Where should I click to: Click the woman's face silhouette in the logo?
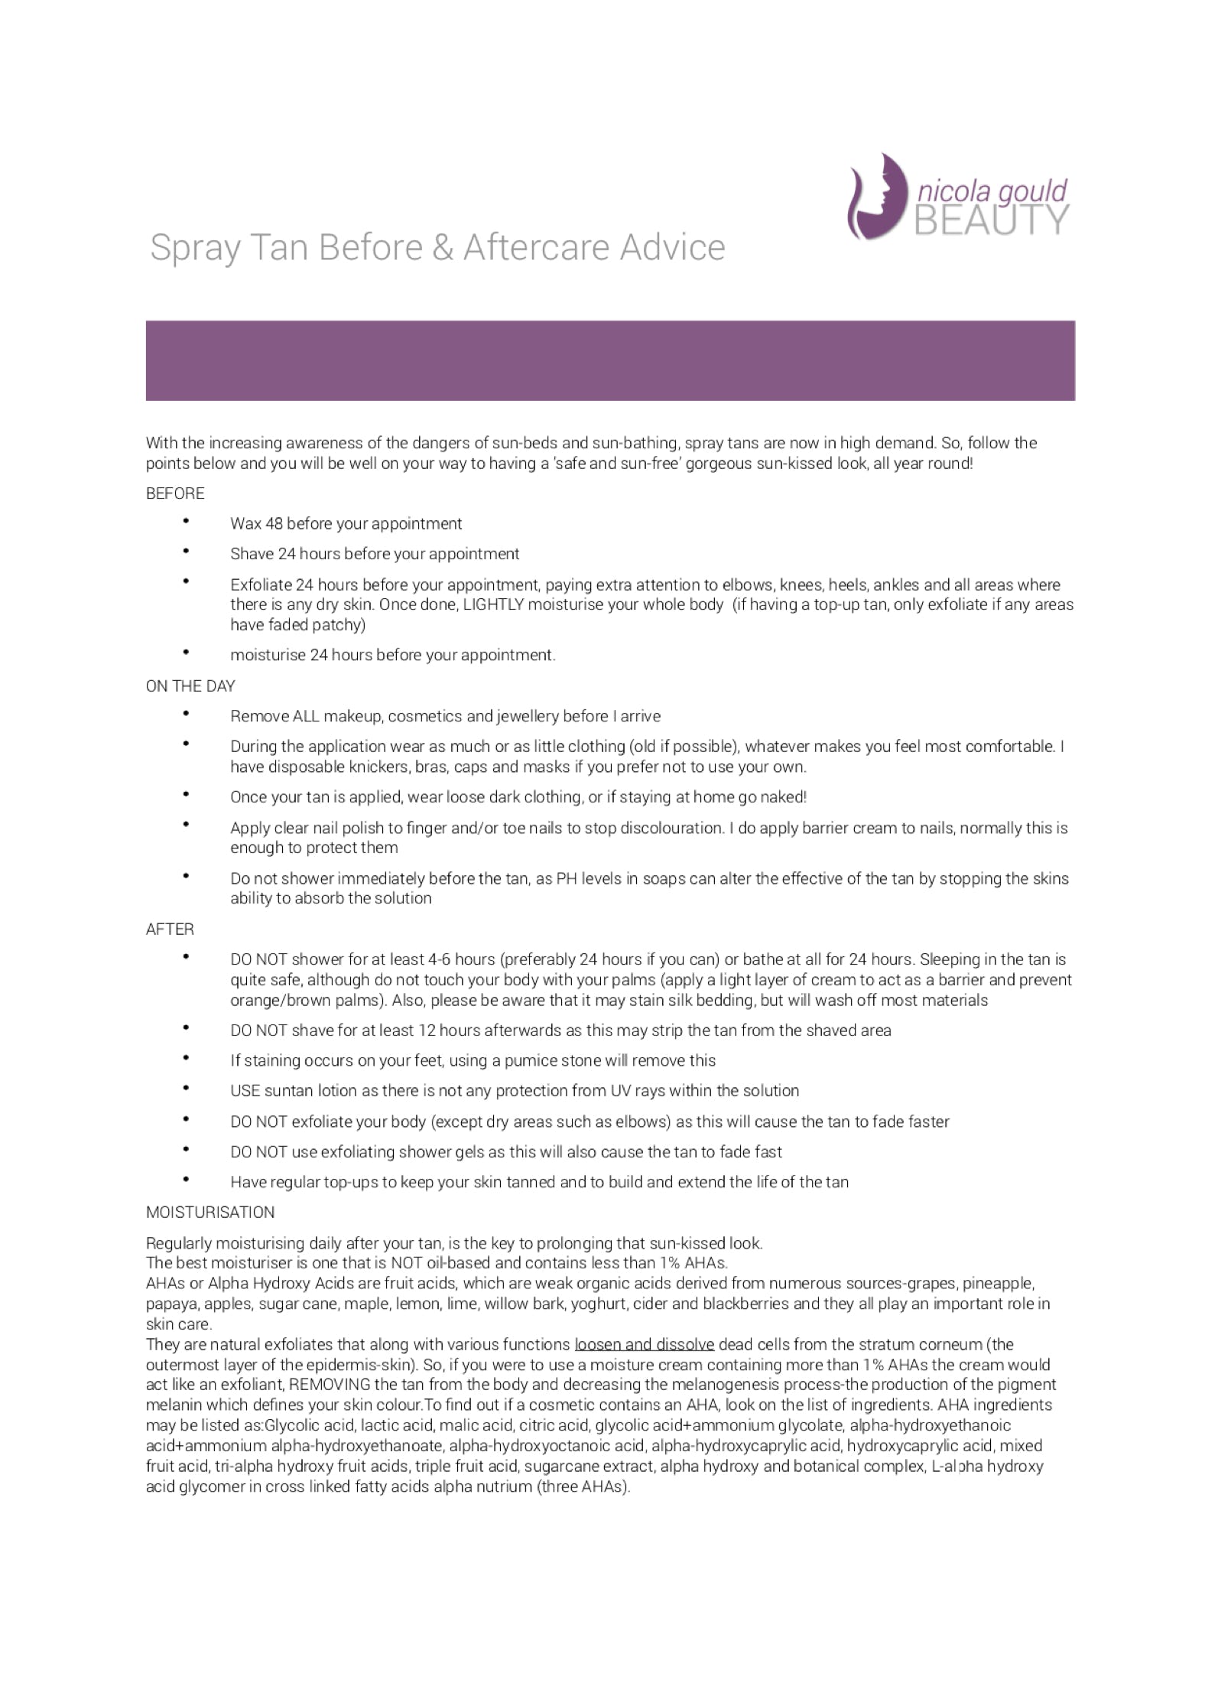[x=879, y=196]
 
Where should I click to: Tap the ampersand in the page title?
[x=442, y=248]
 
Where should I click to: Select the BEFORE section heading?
[x=175, y=493]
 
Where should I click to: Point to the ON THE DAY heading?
[x=190, y=686]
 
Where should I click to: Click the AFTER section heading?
[x=170, y=930]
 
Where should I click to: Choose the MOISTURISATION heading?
[x=210, y=1213]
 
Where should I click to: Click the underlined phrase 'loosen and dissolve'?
[x=644, y=1345]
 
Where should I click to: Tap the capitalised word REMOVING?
[x=330, y=1385]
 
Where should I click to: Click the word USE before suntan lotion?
[x=245, y=1091]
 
